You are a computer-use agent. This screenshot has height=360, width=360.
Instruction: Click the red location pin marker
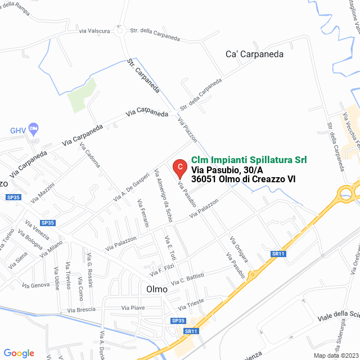179,167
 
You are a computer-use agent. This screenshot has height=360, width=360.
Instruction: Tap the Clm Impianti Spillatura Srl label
249,160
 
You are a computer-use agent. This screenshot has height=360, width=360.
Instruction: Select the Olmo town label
157,289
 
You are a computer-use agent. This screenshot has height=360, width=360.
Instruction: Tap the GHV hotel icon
33,129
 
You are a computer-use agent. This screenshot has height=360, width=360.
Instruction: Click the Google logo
19,353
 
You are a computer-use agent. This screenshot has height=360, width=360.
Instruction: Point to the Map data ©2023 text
335,355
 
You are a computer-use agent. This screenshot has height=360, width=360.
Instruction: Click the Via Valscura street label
94,31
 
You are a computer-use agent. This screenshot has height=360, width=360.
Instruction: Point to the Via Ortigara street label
238,247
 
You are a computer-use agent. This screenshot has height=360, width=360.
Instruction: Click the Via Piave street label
133,307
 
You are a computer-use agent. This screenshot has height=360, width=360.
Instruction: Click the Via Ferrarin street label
145,214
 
